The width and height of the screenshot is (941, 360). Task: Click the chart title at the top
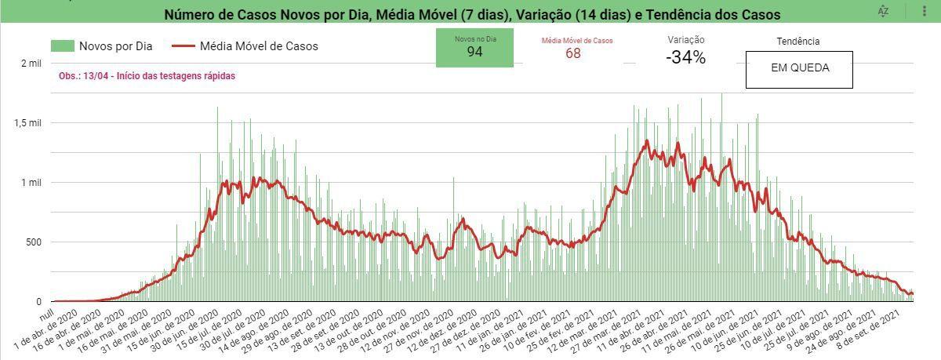tap(472, 14)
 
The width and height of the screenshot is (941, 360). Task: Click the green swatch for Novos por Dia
tap(63, 45)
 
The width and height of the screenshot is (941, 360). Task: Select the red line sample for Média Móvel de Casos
tap(183, 45)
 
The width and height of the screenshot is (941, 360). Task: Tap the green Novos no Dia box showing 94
tap(474, 48)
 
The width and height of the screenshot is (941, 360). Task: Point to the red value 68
tap(573, 53)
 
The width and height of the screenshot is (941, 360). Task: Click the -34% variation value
tap(685, 57)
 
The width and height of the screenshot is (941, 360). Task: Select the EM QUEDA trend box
tap(799, 70)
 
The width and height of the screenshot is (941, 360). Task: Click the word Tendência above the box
tap(798, 41)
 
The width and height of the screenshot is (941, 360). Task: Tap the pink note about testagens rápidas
tap(147, 76)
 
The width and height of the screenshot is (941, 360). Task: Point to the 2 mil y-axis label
tap(31, 64)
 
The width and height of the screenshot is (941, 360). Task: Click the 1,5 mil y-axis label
tap(28, 123)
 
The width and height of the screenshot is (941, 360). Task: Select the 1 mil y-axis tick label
tap(31, 183)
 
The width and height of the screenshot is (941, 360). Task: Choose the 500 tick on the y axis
tap(34, 242)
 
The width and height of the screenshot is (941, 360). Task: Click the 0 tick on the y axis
tap(39, 302)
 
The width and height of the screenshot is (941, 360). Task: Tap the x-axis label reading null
tap(47, 315)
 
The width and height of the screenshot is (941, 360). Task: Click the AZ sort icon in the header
tap(884, 11)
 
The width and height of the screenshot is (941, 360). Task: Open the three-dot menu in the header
tap(925, 11)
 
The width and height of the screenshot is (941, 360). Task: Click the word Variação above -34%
tap(686, 40)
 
